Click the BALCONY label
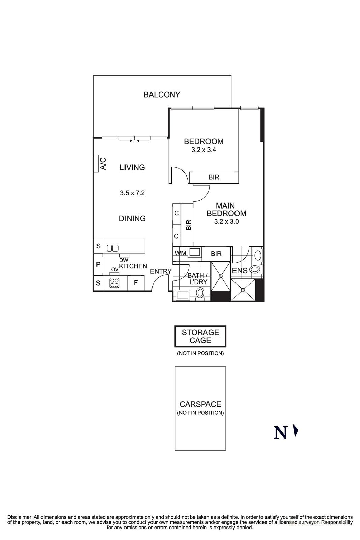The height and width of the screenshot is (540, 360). [x=162, y=94]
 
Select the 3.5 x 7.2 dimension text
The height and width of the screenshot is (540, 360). [x=132, y=193]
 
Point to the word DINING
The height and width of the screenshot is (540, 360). [x=132, y=218]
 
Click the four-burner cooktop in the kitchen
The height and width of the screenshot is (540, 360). [x=114, y=282]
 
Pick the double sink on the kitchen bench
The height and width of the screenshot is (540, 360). [x=112, y=248]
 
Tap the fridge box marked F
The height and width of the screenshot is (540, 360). [x=136, y=283]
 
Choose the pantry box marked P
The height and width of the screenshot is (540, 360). [x=98, y=264]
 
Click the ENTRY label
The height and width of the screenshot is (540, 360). [x=161, y=271]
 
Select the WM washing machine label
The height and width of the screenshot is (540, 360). [x=180, y=253]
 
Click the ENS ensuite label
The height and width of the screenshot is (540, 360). [x=240, y=271]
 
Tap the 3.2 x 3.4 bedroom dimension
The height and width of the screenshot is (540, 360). [x=203, y=150]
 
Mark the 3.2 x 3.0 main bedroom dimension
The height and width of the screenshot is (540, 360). [x=226, y=222]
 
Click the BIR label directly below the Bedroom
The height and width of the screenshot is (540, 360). [x=214, y=177]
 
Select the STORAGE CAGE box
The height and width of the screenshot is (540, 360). [x=200, y=336]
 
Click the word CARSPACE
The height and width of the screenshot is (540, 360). [x=200, y=404]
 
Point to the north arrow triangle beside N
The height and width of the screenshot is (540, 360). [x=296, y=431]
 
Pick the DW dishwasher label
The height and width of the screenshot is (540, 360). [x=124, y=260]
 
